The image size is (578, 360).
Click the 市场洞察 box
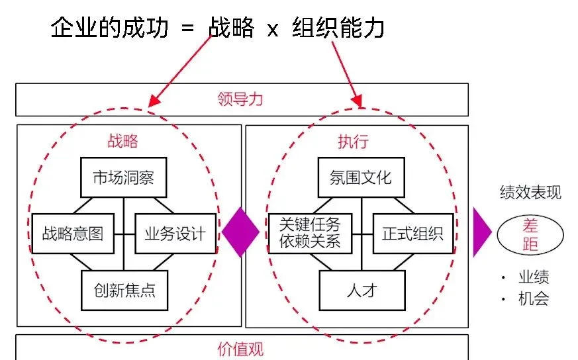123,177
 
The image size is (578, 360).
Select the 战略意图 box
73,233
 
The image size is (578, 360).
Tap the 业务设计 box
175,233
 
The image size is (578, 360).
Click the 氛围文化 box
360,177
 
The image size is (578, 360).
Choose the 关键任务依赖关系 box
310,233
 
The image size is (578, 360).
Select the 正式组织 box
412,233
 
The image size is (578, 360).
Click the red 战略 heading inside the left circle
122,141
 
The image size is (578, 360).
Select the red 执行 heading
352,141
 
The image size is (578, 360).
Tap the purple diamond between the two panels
240,233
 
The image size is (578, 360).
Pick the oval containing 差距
530,236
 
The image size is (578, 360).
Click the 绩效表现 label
530,193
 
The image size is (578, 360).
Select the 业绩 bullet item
534,278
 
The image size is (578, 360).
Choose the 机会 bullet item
534,299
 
